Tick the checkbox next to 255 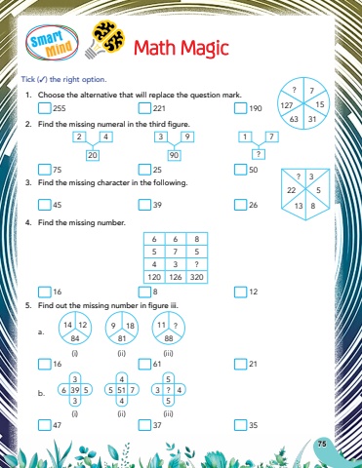[45, 108]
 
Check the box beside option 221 [144, 108]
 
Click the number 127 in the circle [287, 105]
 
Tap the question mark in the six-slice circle [294, 90]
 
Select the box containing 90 [174, 155]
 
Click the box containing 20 [93, 155]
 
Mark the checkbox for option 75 [45, 170]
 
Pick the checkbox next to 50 [240, 170]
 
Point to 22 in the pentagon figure [291, 190]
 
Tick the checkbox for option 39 [144, 205]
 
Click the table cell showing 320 [197, 277]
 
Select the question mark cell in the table [197, 264]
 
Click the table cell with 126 [176, 277]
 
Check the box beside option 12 [240, 292]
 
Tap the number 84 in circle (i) [75, 338]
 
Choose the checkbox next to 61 [144, 364]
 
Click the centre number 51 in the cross [122, 390]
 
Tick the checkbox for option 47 [45, 425]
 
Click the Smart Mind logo [52, 43]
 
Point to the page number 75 [322, 444]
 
